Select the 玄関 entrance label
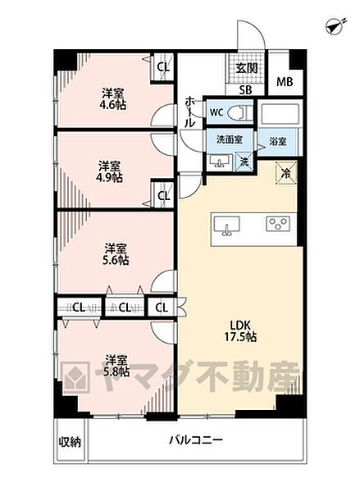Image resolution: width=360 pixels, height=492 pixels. [245, 70]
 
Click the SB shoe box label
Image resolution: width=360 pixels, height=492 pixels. [245, 90]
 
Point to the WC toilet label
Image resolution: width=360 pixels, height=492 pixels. [217, 112]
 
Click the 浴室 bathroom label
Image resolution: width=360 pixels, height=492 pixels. [277, 141]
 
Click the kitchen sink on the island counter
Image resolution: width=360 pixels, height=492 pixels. [226, 224]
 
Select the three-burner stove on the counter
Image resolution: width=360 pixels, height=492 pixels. [275, 223]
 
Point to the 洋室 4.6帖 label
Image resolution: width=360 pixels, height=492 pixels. [113, 98]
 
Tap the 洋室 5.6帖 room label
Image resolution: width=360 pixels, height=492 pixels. [115, 253]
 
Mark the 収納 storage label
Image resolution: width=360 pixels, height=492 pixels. [70, 443]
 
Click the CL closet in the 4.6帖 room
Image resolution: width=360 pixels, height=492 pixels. [162, 67]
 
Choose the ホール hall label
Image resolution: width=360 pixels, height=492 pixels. [190, 110]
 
